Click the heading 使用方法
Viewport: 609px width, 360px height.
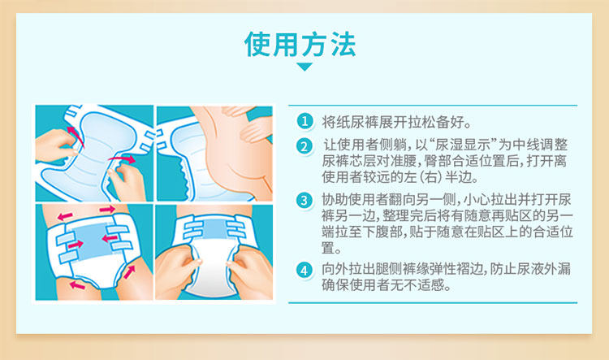point(300,45)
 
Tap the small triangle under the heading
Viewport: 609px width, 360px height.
point(304,67)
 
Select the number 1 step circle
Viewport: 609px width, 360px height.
point(304,121)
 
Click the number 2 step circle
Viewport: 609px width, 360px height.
point(304,146)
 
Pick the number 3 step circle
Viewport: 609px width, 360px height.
point(304,201)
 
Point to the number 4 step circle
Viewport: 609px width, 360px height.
point(304,270)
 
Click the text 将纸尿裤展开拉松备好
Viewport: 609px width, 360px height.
point(393,122)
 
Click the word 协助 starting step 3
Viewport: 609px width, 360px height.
point(335,200)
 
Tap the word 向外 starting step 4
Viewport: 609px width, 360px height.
point(335,269)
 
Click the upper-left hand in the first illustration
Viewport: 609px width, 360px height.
point(54,145)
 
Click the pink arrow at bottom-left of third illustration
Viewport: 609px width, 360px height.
point(77,286)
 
